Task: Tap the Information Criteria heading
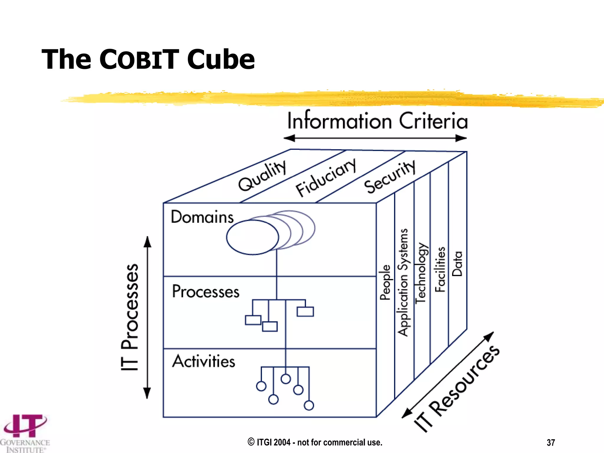click(x=377, y=121)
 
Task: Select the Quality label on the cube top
click(x=262, y=176)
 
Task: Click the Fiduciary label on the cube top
click(x=326, y=177)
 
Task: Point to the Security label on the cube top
click(x=389, y=177)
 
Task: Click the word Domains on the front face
click(x=202, y=217)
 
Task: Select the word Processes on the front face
click(x=206, y=292)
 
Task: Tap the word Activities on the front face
click(x=204, y=361)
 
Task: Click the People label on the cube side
click(x=385, y=282)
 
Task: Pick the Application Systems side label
click(x=403, y=282)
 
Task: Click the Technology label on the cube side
click(x=421, y=273)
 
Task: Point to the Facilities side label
click(x=440, y=269)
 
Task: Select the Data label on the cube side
click(x=457, y=264)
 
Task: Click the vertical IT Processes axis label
click(x=130, y=317)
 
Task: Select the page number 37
click(x=551, y=443)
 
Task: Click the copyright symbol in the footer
click(x=251, y=442)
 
